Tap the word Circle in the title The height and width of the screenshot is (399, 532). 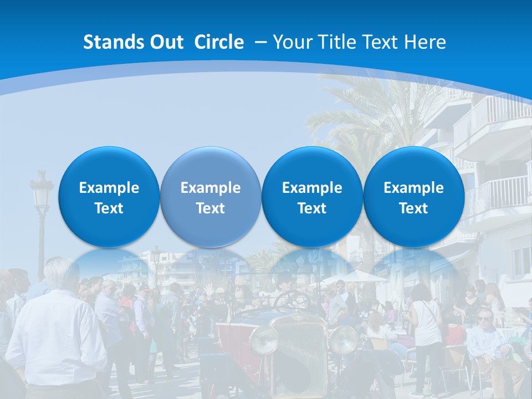click(219, 42)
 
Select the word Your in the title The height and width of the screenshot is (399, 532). click(291, 42)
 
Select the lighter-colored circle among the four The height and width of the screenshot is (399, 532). click(210, 197)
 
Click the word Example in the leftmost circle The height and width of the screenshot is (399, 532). click(109, 188)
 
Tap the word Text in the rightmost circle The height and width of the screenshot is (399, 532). click(413, 208)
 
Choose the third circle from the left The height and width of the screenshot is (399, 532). click(312, 197)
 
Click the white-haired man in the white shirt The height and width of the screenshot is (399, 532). click(55, 327)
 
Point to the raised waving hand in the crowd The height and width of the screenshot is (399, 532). click(209, 289)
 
